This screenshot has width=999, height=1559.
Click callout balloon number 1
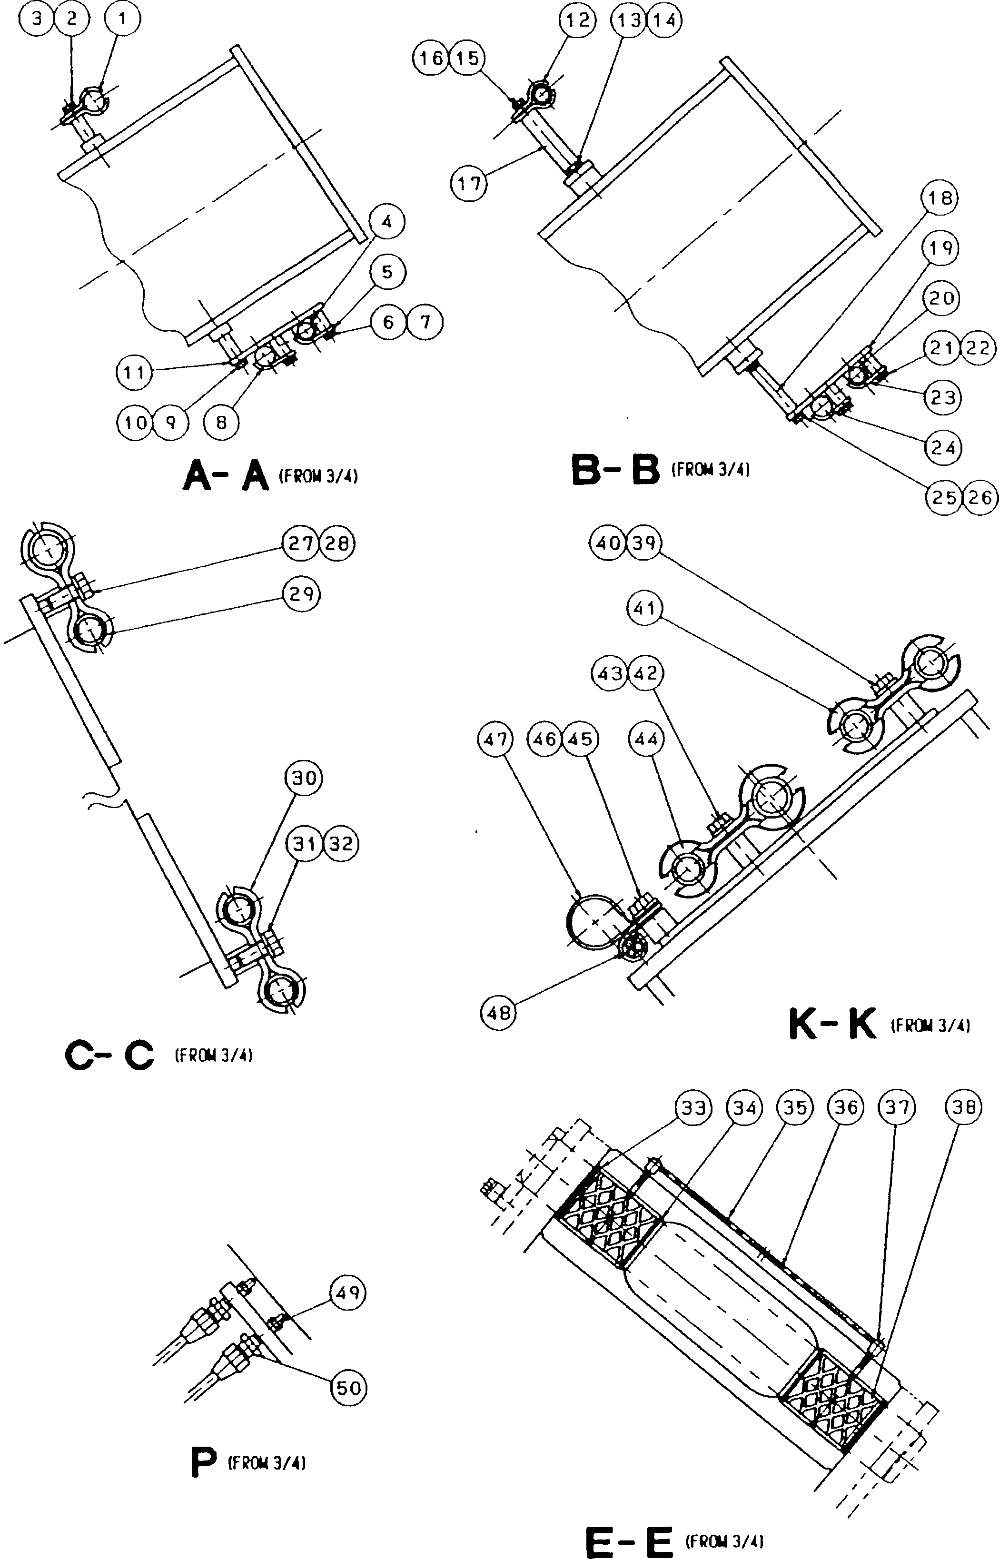tap(122, 19)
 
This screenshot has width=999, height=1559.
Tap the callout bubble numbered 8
tap(221, 423)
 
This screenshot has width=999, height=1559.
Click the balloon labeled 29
tap(302, 593)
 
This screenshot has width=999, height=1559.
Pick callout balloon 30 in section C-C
tap(304, 778)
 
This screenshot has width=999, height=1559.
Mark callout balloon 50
tap(349, 1387)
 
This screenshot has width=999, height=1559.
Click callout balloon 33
tap(693, 1108)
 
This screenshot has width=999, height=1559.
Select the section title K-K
tap(832, 1023)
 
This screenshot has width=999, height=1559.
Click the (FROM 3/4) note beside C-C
tap(213, 1055)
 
